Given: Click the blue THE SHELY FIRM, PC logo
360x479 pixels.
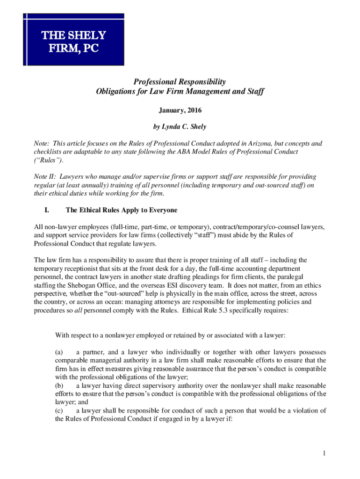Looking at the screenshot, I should tap(74, 42).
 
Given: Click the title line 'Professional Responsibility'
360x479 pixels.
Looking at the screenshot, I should tap(180, 81).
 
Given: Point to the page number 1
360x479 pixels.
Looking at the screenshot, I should tap(323, 453).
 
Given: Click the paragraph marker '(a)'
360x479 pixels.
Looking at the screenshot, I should tap(59, 351).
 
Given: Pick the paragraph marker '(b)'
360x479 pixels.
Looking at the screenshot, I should tap(59, 385).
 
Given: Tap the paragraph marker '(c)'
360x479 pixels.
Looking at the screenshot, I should tap(59, 411).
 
